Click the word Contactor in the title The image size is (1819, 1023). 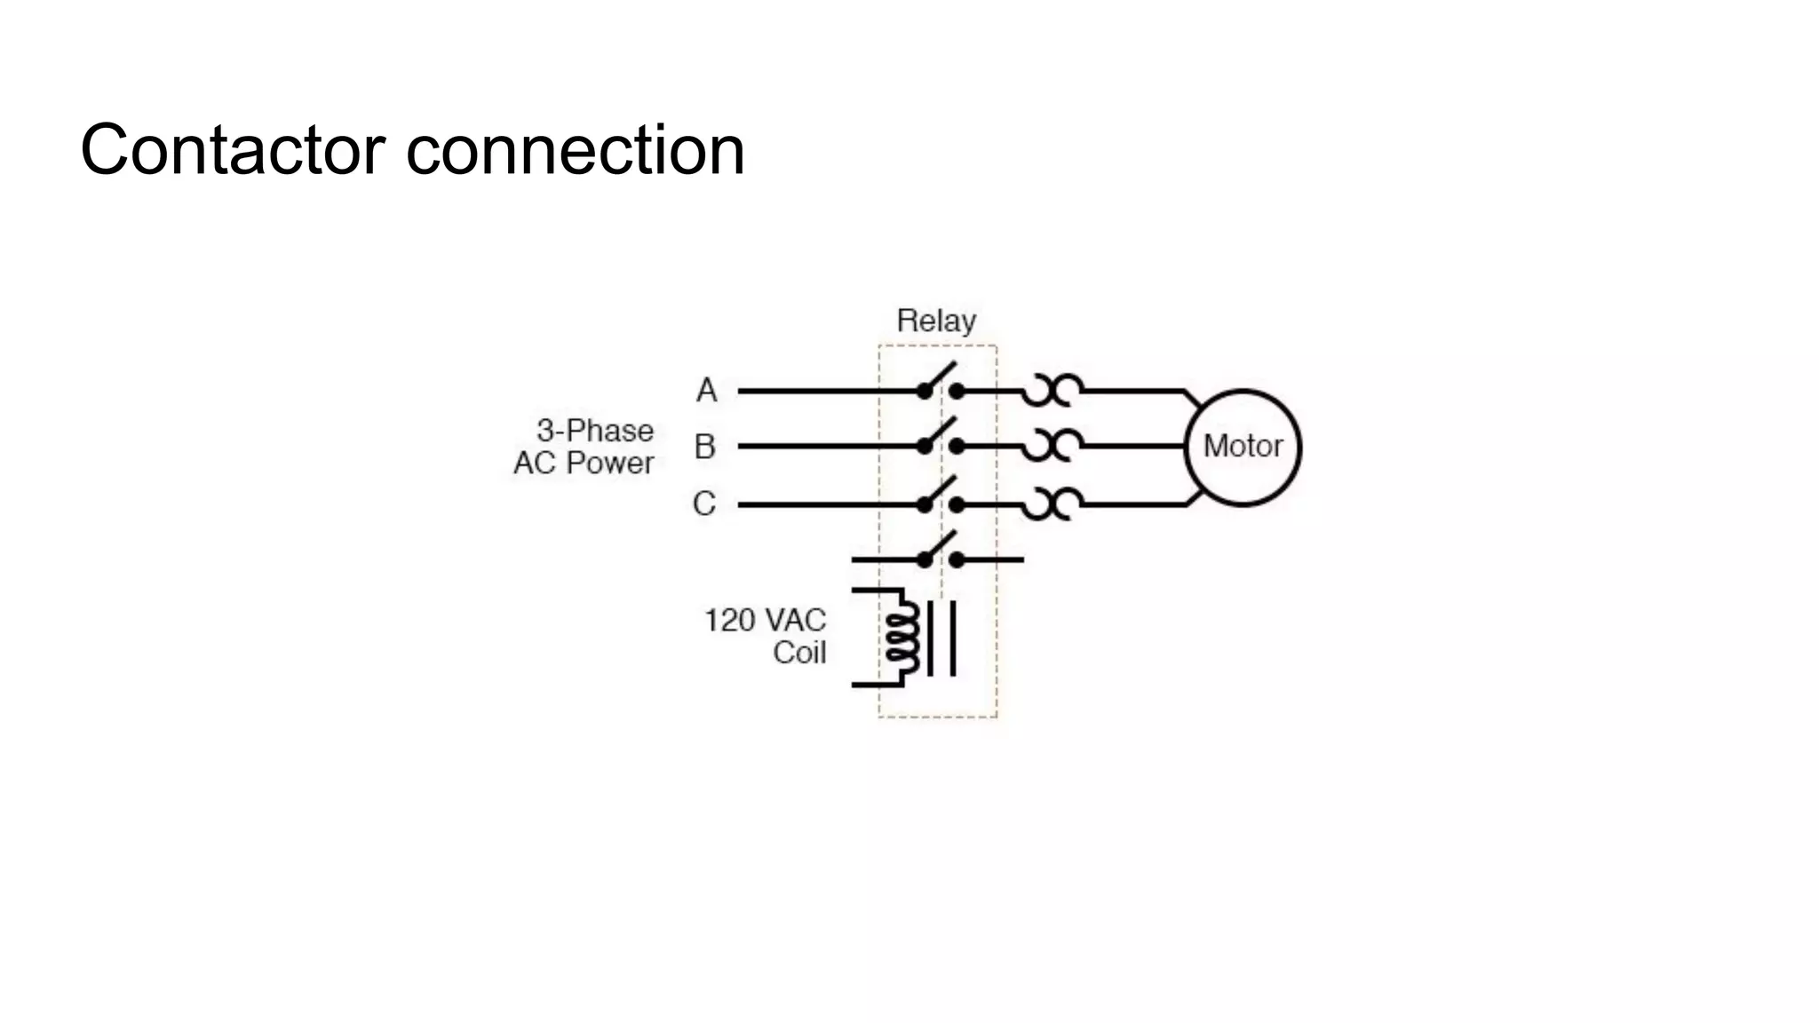click(233, 150)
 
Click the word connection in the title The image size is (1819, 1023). click(575, 150)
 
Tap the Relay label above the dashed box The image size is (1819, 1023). click(936, 321)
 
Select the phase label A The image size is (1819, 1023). click(706, 391)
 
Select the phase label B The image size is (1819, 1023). click(704, 447)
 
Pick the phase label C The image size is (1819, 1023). click(703, 504)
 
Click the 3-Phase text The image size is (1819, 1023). click(594, 431)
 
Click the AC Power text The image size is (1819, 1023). click(584, 463)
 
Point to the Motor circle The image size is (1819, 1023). click(1243, 447)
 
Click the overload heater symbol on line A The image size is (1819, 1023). click(1052, 390)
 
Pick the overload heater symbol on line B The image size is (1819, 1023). click(1052, 446)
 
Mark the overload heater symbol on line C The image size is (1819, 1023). click(1052, 504)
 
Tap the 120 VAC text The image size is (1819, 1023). click(765, 620)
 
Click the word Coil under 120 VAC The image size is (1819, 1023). click(798, 653)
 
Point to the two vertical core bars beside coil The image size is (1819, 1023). click(941, 638)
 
